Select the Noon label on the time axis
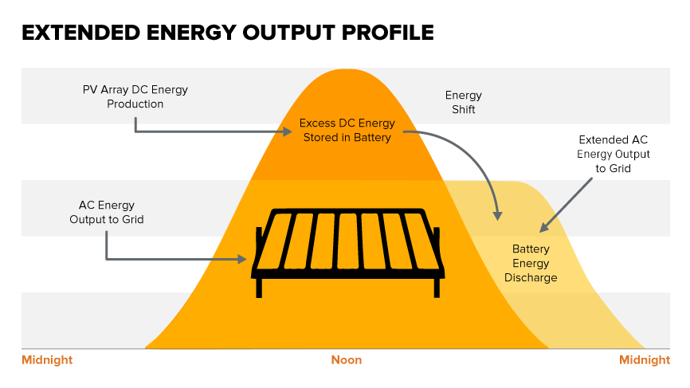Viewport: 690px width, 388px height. [347, 360]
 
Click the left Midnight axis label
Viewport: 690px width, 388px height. [47, 360]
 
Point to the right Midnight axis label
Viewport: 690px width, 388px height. [645, 360]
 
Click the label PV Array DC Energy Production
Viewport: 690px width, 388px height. [135, 96]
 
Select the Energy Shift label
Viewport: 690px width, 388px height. [464, 102]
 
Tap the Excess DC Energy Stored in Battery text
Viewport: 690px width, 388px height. [347, 130]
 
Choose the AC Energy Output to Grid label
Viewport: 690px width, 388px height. [107, 212]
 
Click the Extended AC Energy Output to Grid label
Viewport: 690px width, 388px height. [614, 154]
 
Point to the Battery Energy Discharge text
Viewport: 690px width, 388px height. [531, 263]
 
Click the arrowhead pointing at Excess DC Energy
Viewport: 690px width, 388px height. [288, 131]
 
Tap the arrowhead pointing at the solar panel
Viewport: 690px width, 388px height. [242, 259]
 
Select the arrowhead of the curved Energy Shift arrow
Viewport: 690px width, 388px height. [498, 216]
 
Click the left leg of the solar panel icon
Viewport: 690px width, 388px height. [259, 288]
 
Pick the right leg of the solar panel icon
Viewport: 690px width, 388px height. [437, 288]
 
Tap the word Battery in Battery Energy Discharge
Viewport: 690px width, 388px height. [531, 249]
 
